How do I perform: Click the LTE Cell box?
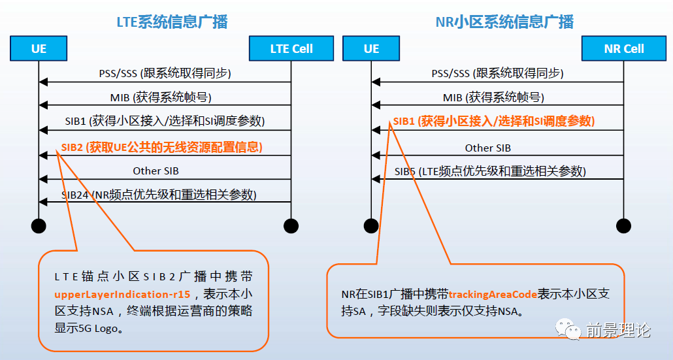tap(291, 48)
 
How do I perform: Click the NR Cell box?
tap(624, 48)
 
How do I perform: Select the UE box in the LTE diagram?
tap(39, 48)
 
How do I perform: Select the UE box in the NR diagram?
tap(371, 48)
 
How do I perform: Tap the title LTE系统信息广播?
tap(172, 22)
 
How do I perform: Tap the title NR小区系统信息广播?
tap(504, 22)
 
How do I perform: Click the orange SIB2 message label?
tap(161, 147)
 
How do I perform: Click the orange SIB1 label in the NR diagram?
tap(493, 121)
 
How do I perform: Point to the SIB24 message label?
tap(159, 195)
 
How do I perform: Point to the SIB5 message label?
tap(489, 171)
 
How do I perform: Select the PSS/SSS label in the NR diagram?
tap(497, 73)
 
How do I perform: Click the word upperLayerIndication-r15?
tap(122, 294)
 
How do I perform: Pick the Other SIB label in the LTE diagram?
tap(156, 171)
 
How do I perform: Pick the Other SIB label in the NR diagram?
tap(487, 148)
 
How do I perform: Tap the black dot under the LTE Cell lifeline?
tap(291, 226)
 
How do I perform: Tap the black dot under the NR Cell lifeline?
tap(623, 226)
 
